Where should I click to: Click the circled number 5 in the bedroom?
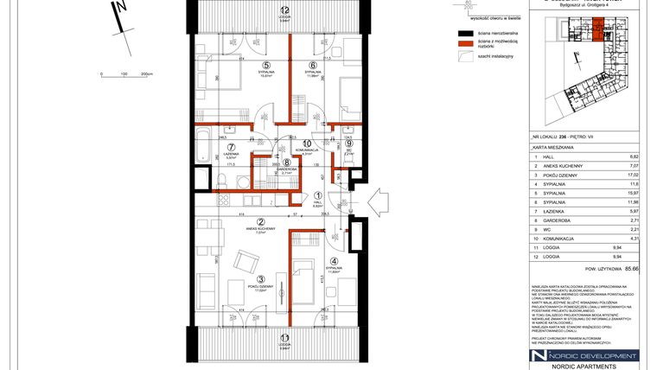tap(267, 65)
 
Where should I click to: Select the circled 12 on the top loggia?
tap(284, 10)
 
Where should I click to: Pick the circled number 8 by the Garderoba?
tap(286, 162)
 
